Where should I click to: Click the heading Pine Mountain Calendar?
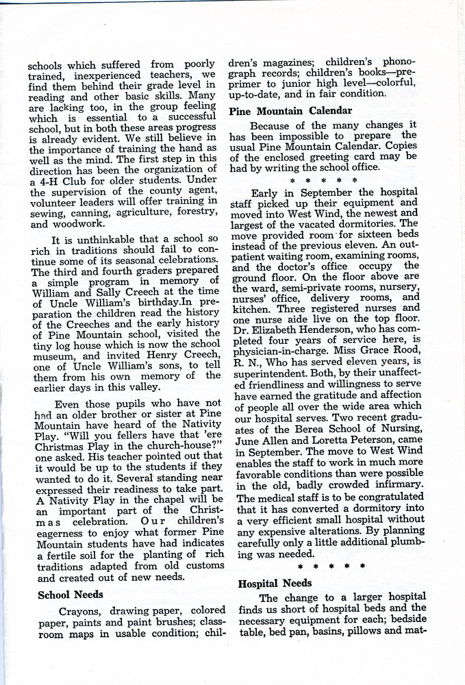pos(290,110)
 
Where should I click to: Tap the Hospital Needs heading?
pos(275,583)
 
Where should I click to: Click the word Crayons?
pos(81,610)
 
